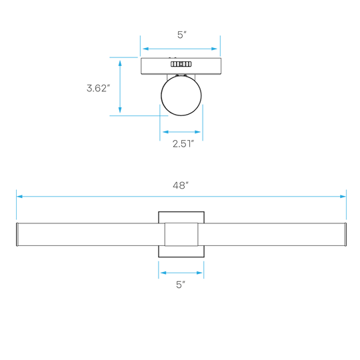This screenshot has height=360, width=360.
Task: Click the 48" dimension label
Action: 181,185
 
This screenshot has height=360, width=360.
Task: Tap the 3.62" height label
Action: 98,88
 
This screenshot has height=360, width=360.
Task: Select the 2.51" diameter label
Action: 183,144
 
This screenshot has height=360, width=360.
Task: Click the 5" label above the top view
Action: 181,35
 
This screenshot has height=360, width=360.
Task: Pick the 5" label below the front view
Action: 181,285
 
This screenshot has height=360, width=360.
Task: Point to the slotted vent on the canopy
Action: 181,64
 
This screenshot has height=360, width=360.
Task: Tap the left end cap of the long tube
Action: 17,235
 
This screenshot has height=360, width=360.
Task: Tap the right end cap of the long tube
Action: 345,235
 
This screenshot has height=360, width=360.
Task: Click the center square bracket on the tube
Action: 181,235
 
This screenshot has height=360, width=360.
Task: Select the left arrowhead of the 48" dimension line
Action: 19,197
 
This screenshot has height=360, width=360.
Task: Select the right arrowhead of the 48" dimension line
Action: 343,197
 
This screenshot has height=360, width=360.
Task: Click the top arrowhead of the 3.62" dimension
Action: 120,63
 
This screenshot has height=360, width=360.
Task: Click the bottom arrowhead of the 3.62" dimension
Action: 120,110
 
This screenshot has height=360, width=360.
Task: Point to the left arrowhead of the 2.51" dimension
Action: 165,132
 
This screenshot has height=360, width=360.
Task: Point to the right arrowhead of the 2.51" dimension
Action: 197,132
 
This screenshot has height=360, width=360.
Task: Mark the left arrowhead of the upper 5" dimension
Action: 146,49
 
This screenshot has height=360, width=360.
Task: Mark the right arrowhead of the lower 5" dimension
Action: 199,273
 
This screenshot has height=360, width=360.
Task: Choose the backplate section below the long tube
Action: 181,251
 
